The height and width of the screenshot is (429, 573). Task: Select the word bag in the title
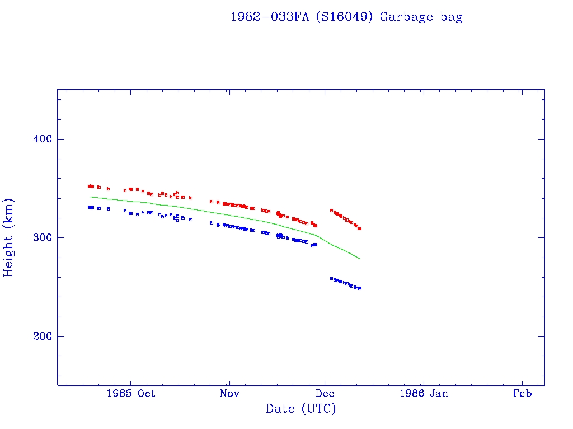[451, 17]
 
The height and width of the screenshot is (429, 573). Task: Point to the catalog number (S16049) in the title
[345, 17]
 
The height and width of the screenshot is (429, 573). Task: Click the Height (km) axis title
[8, 237]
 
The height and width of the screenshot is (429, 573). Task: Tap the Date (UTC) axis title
[301, 409]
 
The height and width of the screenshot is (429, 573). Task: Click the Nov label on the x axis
[229, 394]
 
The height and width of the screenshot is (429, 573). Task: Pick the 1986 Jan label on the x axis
[423, 394]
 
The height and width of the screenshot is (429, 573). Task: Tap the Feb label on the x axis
[522, 394]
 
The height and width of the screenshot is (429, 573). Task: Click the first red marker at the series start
[90, 186]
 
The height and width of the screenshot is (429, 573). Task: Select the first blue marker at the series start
[90, 207]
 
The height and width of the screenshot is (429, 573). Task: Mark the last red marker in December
[360, 228]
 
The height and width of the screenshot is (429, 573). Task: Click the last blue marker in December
[360, 288]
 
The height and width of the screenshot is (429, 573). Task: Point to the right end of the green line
[360, 259]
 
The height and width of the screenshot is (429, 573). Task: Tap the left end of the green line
[90, 197]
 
